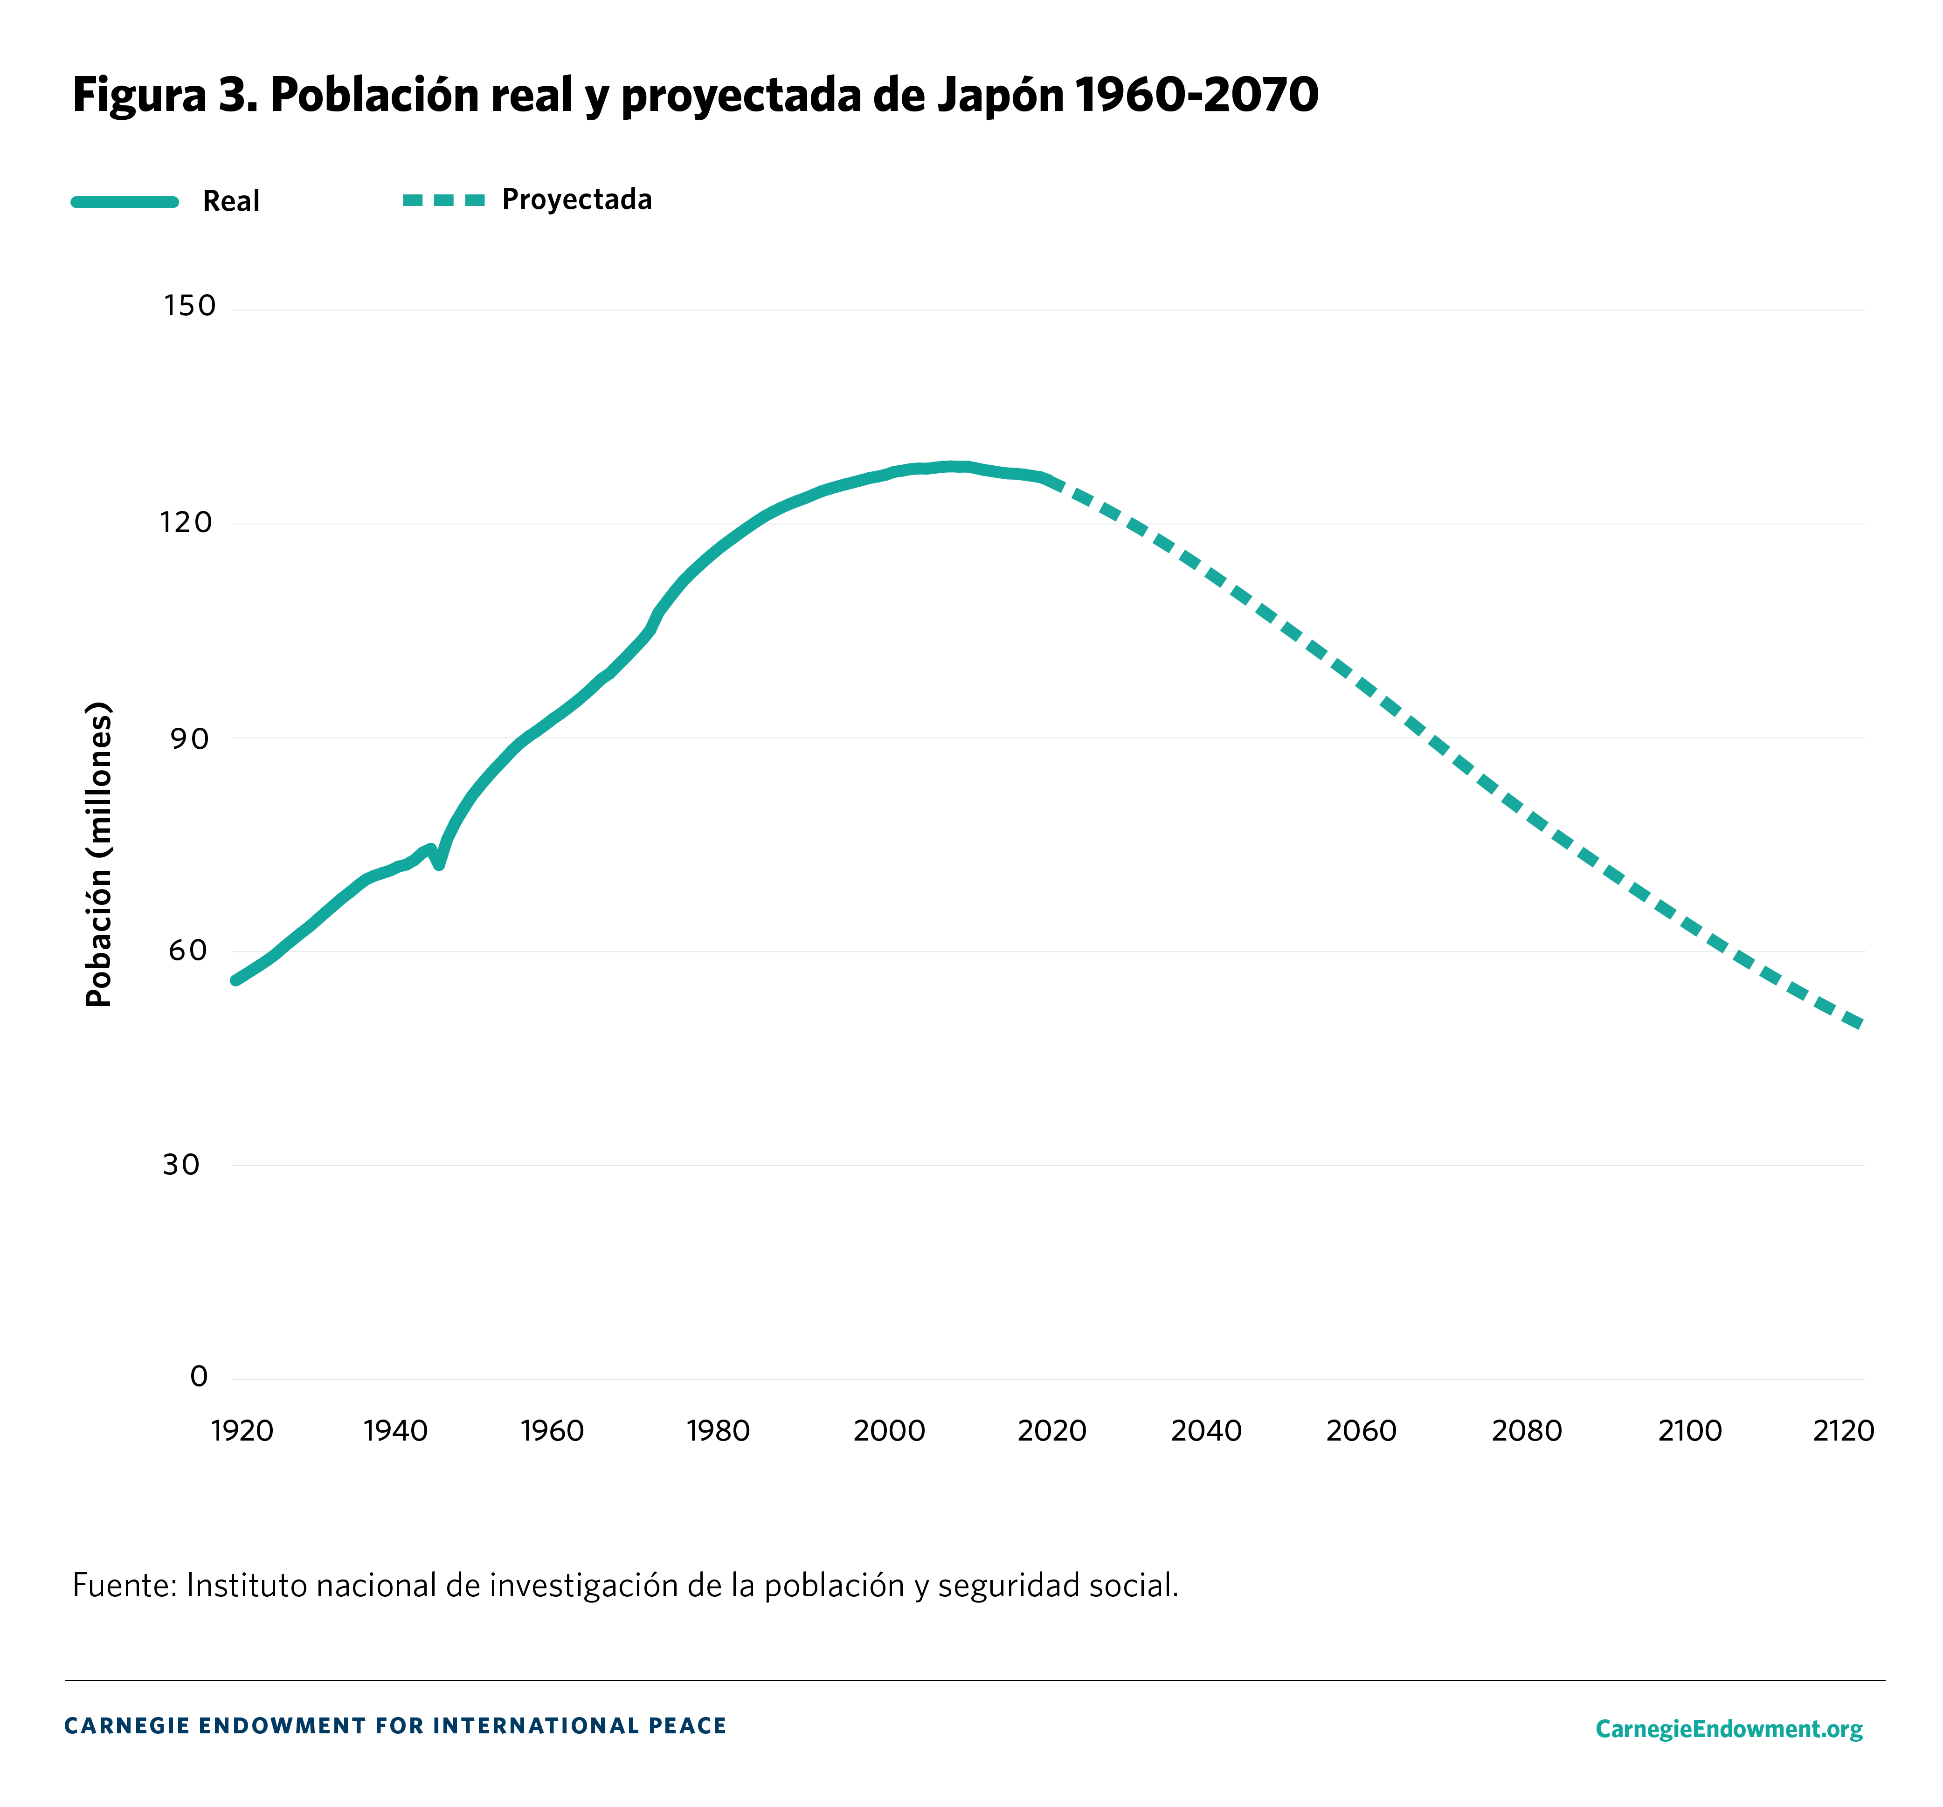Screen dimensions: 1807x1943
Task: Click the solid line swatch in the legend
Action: pos(125,201)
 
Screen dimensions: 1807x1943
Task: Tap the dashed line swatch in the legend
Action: pos(444,200)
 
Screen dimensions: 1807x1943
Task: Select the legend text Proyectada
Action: pos(577,200)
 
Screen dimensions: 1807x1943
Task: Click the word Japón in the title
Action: pos(1000,95)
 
